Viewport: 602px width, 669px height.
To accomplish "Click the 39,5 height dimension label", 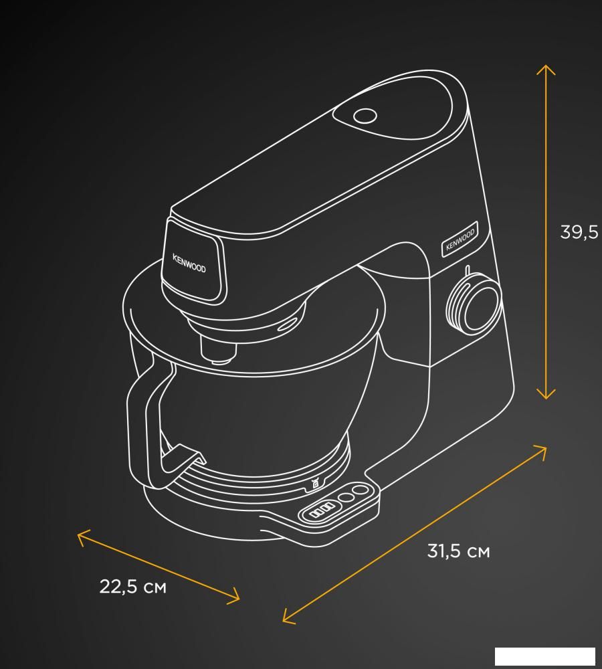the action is point(579,233).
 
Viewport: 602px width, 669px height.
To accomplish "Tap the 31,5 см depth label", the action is point(459,551).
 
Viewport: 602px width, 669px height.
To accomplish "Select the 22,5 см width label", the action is point(132,587).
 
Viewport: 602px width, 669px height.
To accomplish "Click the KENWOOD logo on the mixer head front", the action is point(189,263).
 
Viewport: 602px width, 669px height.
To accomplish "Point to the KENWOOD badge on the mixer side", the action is point(460,239).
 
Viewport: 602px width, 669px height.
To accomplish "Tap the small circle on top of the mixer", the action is point(365,116).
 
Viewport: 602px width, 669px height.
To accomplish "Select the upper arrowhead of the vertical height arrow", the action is point(546,69).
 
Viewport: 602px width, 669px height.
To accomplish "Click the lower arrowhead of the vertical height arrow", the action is point(546,394).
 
